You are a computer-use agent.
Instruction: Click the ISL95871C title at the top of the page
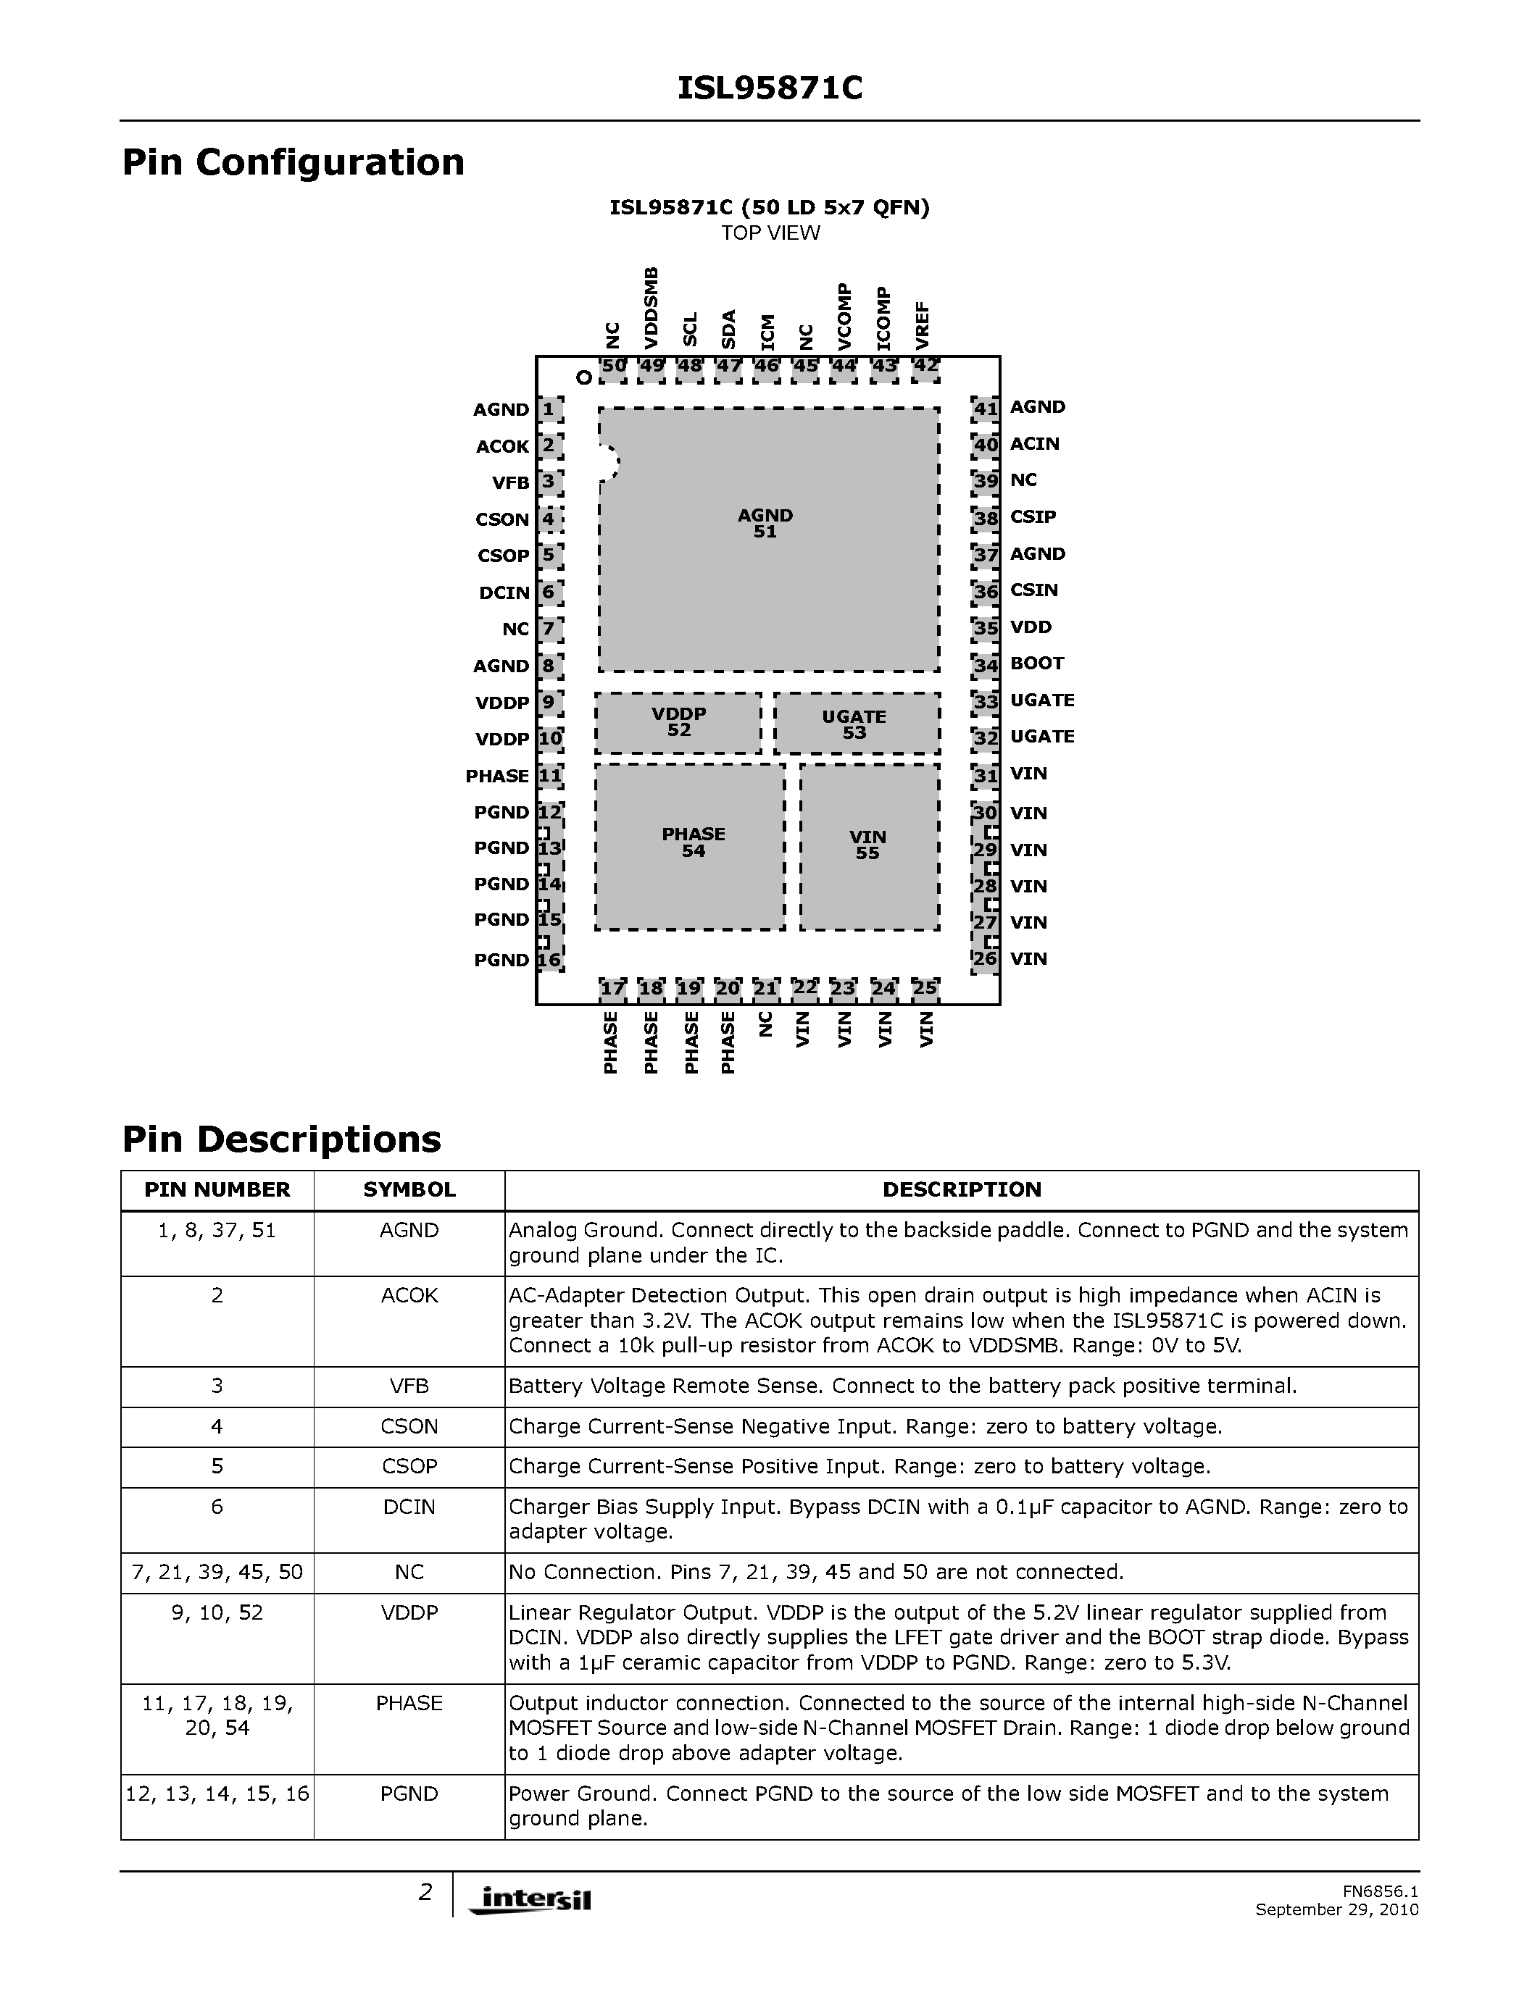point(769,88)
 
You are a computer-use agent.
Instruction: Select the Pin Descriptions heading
point(281,1139)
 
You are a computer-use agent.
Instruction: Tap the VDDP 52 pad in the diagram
point(679,722)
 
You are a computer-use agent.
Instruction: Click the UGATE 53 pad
point(855,725)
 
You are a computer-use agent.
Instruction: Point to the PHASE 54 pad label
point(694,842)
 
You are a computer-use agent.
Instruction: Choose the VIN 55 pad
point(867,845)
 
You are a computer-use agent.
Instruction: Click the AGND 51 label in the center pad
point(765,524)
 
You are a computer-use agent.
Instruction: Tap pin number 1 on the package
point(549,409)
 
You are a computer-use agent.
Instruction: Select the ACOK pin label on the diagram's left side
point(501,447)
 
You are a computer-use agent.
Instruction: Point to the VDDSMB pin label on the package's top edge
point(651,307)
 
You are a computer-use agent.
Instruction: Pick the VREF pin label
point(923,326)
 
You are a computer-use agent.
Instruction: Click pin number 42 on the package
point(925,366)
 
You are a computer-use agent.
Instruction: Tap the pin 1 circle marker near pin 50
point(583,377)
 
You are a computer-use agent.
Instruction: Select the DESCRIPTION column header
point(962,1190)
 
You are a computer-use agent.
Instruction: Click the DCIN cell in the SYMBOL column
point(409,1507)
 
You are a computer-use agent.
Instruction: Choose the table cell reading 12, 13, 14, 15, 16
point(217,1794)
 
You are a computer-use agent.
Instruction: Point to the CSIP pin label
point(1033,517)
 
